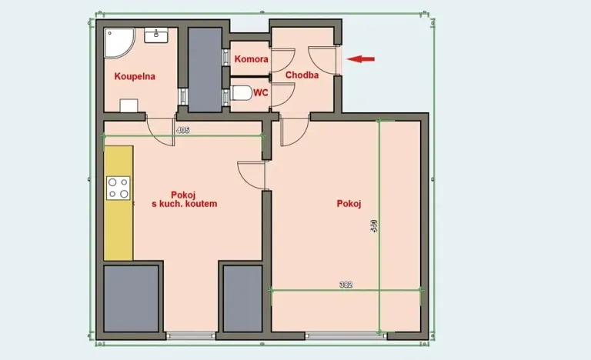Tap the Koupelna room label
tap(135, 76)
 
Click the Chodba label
tap(302, 75)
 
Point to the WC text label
tap(260, 92)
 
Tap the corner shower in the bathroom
tap(118, 43)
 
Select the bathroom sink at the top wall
tap(161, 34)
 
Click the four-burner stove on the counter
tap(119, 188)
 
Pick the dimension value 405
tap(182, 131)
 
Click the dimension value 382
tap(346, 285)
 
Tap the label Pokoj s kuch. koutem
tap(185, 199)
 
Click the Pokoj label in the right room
tap(349, 204)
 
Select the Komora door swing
tap(282, 59)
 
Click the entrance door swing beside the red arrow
tap(322, 59)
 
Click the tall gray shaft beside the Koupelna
tap(205, 69)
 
